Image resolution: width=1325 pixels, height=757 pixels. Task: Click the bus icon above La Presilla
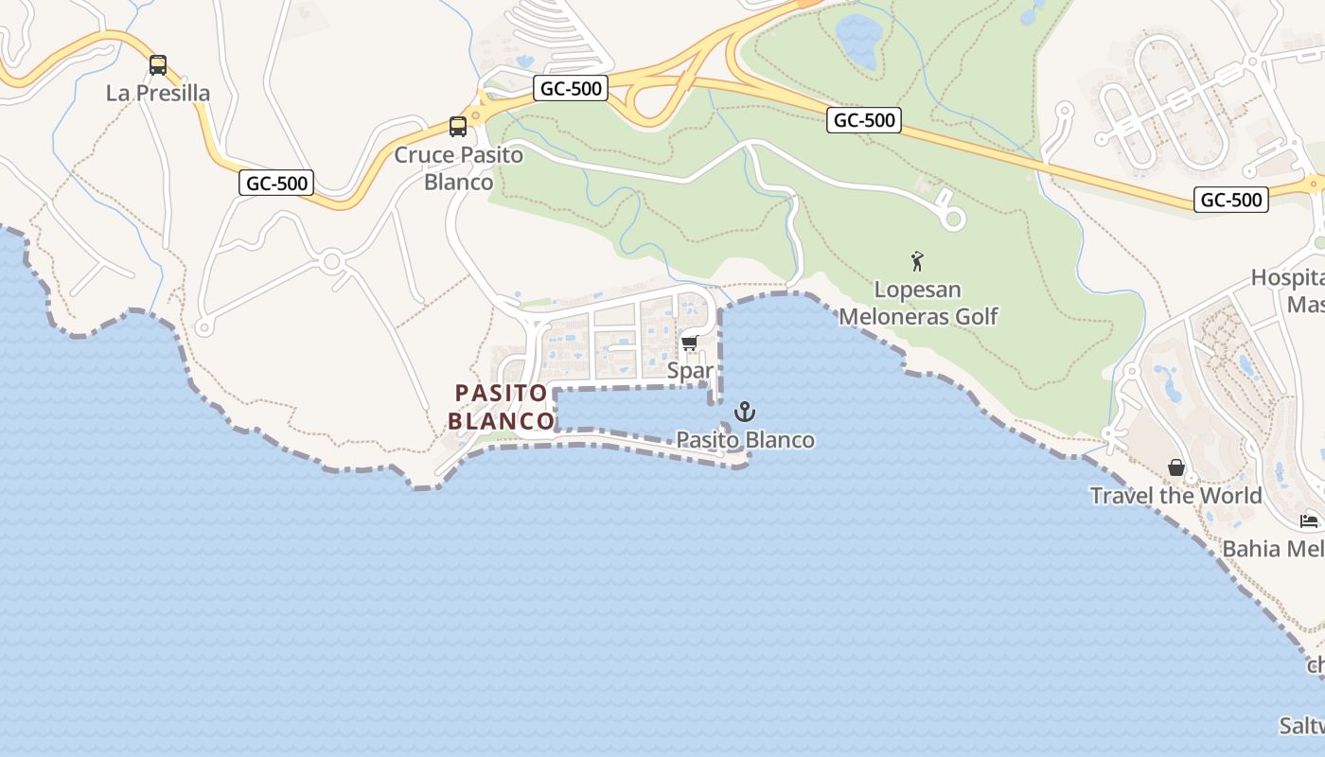[158, 65]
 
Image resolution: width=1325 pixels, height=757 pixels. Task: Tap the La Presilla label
[158, 93]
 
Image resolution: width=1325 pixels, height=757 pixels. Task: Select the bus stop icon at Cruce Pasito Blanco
[458, 126]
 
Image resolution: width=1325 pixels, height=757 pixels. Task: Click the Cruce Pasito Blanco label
[458, 167]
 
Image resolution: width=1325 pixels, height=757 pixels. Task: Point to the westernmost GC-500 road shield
[276, 183]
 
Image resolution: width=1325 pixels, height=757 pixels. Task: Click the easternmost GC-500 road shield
[1230, 199]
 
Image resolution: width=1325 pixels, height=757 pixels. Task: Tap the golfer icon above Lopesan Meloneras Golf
[917, 261]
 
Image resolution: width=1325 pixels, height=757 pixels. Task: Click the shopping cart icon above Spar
[690, 343]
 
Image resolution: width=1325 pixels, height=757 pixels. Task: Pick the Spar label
[690, 370]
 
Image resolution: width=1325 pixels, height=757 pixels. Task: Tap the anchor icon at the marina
[746, 412]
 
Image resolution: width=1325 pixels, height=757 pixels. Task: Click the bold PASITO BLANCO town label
[502, 406]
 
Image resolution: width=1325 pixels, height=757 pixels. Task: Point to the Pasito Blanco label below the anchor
[746, 440]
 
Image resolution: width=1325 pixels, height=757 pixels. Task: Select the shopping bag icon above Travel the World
[1176, 467]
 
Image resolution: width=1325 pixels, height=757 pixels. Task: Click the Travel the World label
[1175, 495]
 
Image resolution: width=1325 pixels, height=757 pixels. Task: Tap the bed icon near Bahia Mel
[1309, 520]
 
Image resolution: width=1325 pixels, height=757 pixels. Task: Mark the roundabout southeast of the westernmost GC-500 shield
[331, 261]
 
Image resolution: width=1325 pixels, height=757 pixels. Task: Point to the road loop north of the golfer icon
[954, 220]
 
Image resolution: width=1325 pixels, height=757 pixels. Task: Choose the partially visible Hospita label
[1287, 278]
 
